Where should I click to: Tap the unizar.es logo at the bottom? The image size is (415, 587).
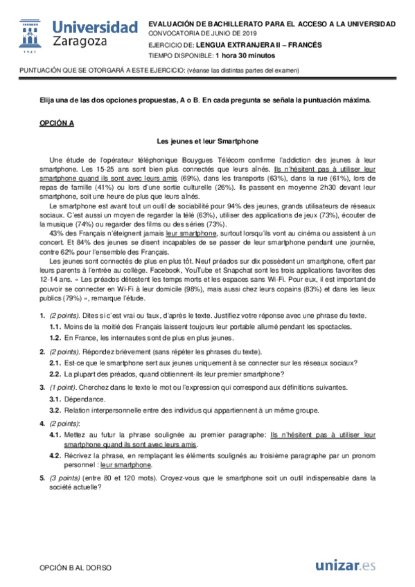pos(345,566)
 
